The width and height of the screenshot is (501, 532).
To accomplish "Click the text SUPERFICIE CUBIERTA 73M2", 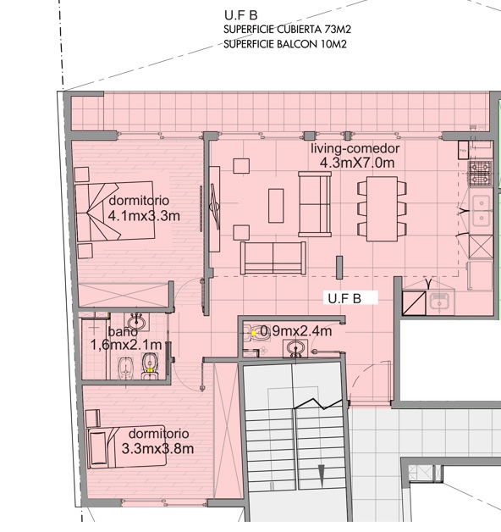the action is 287,30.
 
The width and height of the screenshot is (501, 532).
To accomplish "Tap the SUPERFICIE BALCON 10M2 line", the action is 285,44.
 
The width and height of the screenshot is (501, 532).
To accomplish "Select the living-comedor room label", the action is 355,149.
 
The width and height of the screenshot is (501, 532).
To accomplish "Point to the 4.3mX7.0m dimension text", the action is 357,163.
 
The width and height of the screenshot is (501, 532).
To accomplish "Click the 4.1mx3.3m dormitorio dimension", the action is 144,216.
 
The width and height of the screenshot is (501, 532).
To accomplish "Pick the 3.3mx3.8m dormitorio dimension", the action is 157,448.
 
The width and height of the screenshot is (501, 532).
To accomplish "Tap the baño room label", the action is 123,331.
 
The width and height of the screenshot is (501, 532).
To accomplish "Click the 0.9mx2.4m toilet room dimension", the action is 295,330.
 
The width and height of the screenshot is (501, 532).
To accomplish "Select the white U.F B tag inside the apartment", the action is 350,298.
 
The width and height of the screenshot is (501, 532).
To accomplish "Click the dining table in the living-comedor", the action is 382,208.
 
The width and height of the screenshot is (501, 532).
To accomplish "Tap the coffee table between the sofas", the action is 276,206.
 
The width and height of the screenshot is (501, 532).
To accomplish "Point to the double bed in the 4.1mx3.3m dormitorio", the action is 114,212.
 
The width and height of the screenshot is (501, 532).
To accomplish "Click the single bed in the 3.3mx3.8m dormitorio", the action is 126,446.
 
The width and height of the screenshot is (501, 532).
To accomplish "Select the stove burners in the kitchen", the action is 480,174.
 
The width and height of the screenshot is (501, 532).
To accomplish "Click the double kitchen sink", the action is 481,210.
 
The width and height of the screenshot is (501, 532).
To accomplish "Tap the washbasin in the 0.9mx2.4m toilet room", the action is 295,348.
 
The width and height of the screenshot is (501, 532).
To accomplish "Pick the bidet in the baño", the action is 124,369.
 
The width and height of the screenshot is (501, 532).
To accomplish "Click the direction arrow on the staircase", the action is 321,476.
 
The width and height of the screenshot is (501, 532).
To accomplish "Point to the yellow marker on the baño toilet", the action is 150,370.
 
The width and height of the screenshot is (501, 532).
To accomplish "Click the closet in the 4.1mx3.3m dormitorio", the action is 124,295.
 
